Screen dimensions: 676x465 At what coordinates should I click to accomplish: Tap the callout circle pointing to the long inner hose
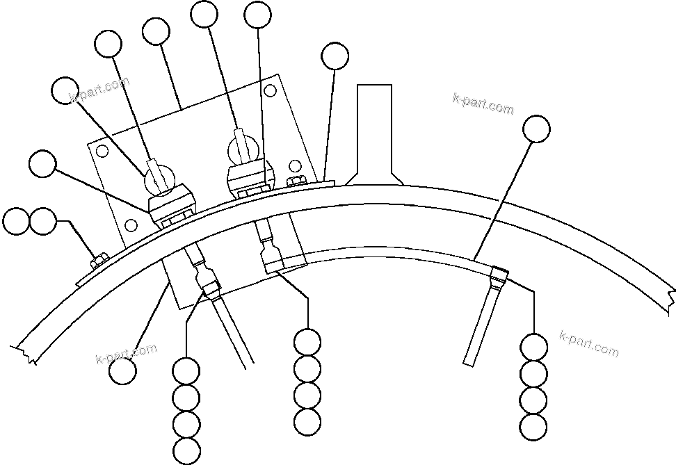[x=536, y=129]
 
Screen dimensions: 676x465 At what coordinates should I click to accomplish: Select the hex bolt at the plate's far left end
[x=98, y=260]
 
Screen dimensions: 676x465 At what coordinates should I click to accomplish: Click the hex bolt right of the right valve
[x=295, y=181]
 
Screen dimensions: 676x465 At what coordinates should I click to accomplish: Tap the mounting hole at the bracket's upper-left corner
[x=102, y=152]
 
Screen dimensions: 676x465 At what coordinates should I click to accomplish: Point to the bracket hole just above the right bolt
[x=295, y=165]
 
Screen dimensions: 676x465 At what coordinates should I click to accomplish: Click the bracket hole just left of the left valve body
[x=131, y=225]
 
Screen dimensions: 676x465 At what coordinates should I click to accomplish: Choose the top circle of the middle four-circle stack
[x=307, y=342]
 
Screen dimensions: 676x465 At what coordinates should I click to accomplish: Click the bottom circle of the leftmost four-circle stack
[x=186, y=450]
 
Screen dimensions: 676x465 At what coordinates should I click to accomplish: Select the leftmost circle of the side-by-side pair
[x=17, y=222]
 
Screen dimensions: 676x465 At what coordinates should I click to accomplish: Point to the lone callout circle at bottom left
[x=122, y=370]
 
